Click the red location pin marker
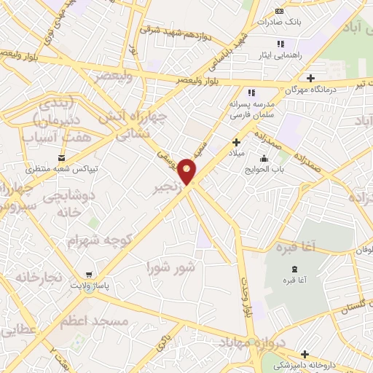tap(188, 170)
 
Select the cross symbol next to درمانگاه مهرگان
tap(311, 78)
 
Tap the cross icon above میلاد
tap(235, 142)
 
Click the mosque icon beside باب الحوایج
tap(264, 160)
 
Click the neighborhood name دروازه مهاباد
tap(279, 345)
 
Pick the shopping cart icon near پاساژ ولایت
tap(88, 275)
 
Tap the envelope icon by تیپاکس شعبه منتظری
tap(61, 157)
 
